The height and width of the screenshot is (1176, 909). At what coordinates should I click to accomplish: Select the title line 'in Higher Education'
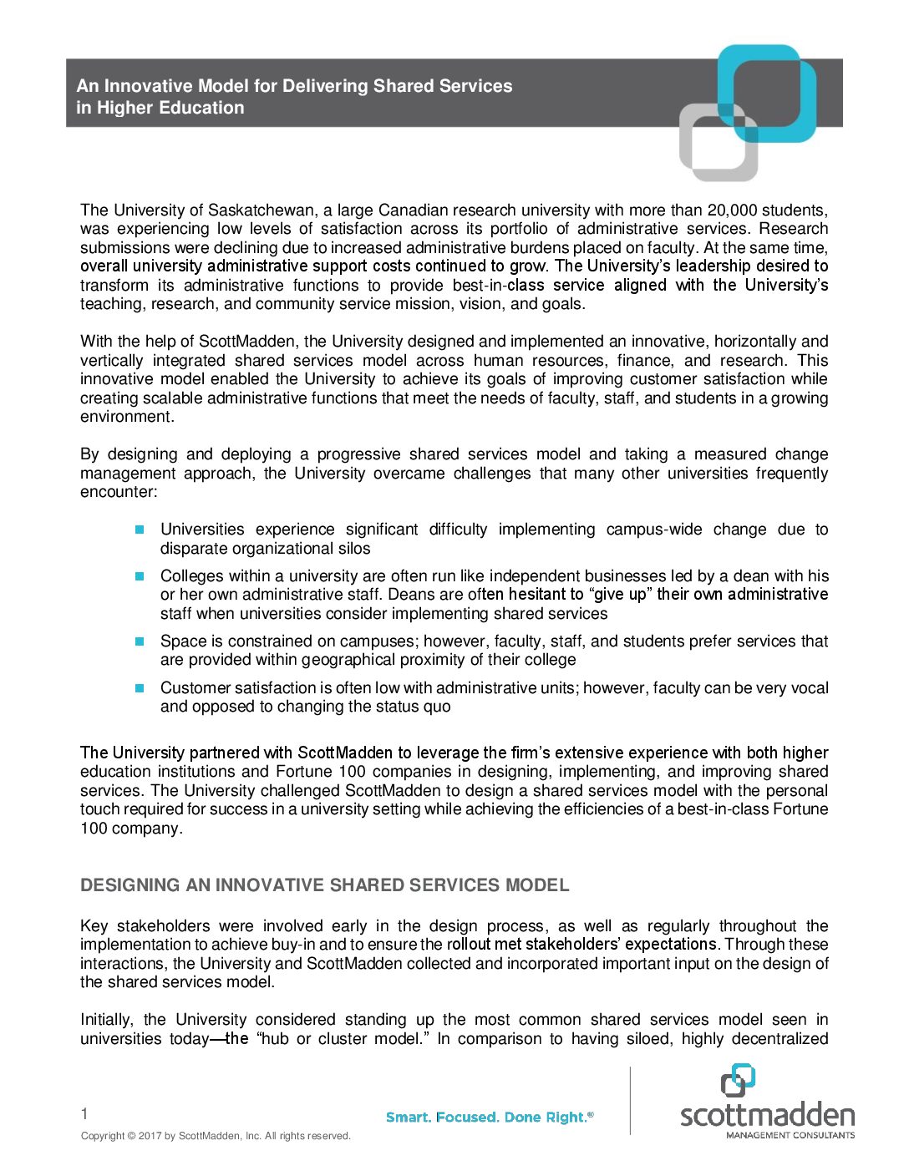(160, 108)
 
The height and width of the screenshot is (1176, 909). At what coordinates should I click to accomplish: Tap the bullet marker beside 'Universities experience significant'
(140, 530)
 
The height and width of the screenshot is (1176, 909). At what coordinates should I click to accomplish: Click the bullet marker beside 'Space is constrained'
(140, 641)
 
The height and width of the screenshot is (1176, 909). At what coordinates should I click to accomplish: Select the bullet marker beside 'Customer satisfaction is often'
(140, 688)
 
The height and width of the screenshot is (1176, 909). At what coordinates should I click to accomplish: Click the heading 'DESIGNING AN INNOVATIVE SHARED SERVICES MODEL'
(325, 885)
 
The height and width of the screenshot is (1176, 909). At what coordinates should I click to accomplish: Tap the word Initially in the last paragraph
(106, 1020)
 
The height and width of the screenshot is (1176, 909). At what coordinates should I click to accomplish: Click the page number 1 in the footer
(84, 1113)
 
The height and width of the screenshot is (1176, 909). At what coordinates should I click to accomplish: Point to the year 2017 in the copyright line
(150, 1136)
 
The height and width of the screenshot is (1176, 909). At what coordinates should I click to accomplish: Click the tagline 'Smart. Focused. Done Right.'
(489, 1118)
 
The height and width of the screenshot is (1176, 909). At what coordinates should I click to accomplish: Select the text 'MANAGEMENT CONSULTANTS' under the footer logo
(790, 1135)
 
